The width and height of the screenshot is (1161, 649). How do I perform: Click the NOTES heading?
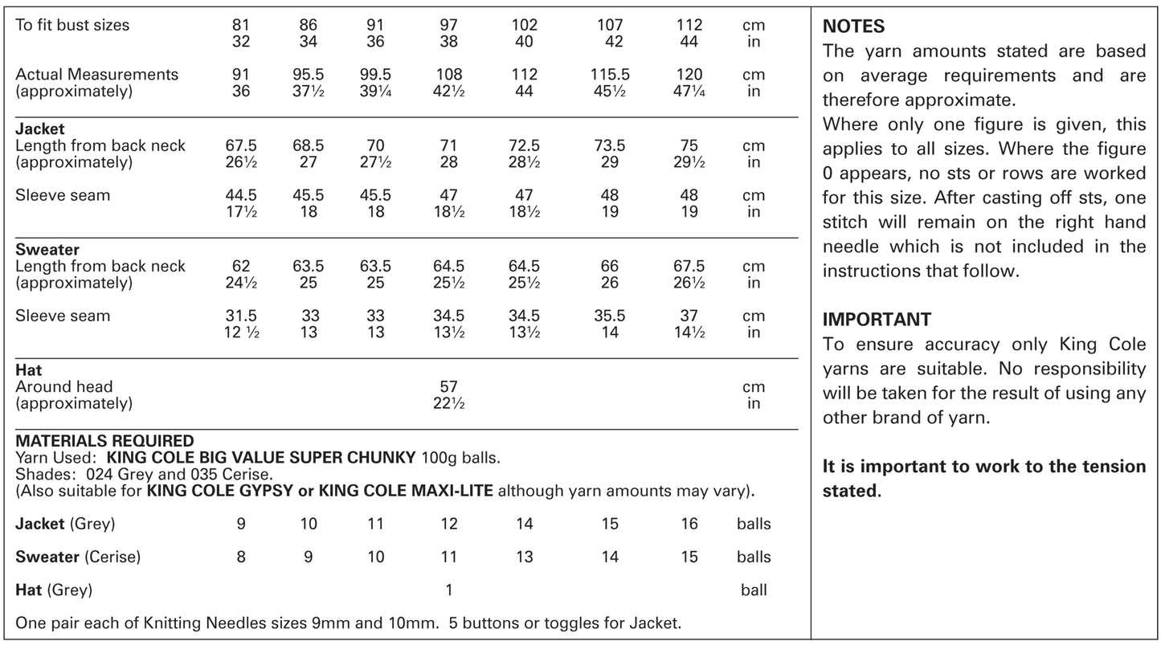click(x=853, y=27)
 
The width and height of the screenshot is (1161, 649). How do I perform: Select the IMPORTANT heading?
click(x=877, y=320)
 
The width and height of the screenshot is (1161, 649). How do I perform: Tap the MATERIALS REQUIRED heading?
click(x=104, y=441)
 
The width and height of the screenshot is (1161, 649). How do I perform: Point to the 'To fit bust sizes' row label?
click(x=72, y=25)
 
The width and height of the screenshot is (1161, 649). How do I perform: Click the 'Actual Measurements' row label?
click(x=96, y=74)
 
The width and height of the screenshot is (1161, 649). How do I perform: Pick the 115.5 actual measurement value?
click(x=610, y=74)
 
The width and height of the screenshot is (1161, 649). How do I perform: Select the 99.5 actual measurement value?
click(x=375, y=74)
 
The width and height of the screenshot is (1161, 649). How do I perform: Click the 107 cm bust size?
click(x=610, y=25)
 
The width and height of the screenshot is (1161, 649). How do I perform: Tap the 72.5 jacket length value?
click(x=524, y=146)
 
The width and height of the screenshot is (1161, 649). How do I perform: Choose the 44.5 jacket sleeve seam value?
click(x=241, y=195)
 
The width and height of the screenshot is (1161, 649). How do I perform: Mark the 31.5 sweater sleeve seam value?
click(x=241, y=316)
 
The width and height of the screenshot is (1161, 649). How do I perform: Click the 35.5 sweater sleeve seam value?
click(x=610, y=316)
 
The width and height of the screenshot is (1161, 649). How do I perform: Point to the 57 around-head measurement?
click(x=448, y=386)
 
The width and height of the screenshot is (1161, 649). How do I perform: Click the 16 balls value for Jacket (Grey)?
click(x=689, y=525)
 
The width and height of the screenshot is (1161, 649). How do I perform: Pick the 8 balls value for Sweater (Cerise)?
click(x=241, y=557)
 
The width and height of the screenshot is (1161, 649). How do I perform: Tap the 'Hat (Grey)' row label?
click(x=54, y=590)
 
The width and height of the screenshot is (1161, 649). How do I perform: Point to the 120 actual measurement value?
click(x=689, y=74)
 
